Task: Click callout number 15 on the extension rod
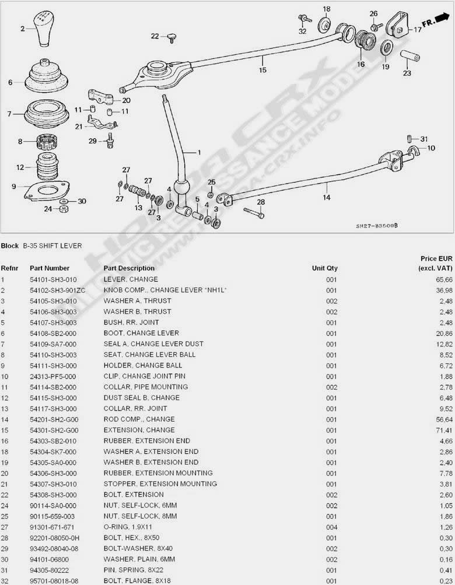(x=262, y=70)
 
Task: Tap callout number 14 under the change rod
(x=327, y=197)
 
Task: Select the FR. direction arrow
(x=431, y=23)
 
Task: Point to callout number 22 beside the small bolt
(x=155, y=36)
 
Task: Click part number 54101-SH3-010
(x=53, y=279)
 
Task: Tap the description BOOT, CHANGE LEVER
(x=133, y=333)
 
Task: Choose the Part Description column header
(x=129, y=268)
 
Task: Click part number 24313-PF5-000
(x=53, y=376)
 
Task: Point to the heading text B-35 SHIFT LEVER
(x=52, y=246)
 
